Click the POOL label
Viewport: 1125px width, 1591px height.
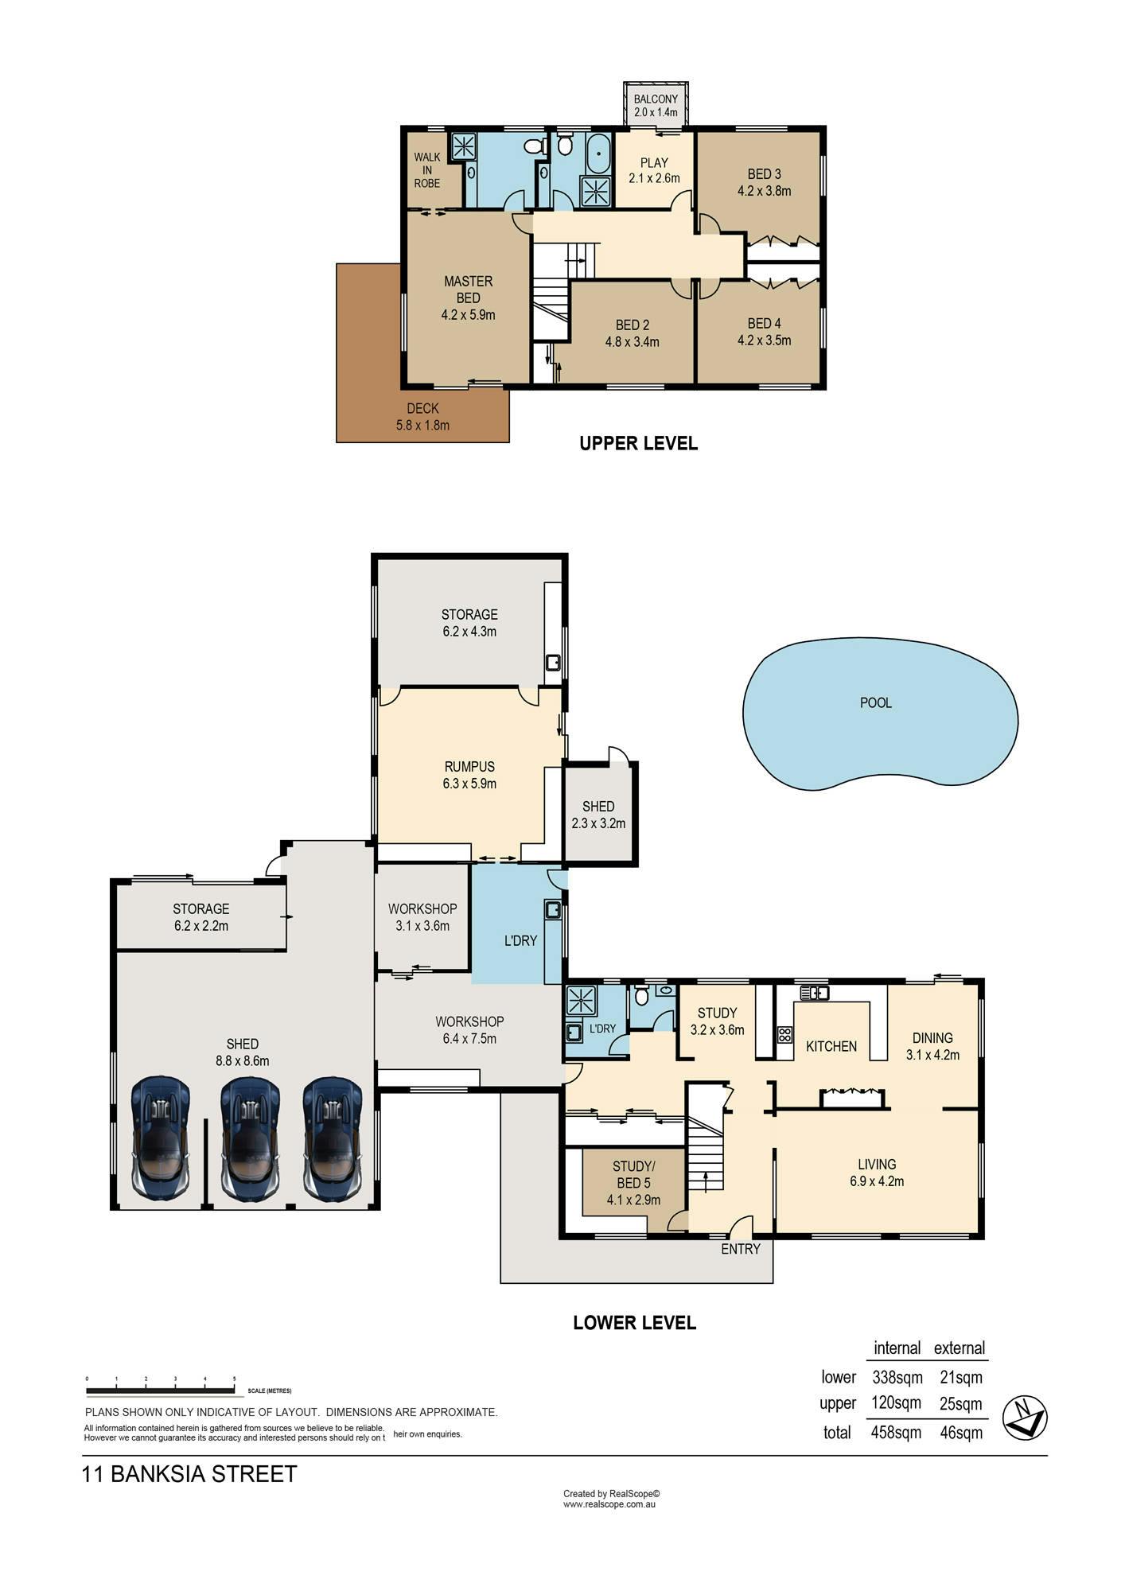pyautogui.click(x=876, y=703)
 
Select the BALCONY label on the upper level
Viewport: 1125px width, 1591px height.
pyautogui.click(x=656, y=99)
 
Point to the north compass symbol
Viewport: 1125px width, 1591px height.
pyautogui.click(x=1025, y=1418)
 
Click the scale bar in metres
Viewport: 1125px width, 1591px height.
pyautogui.click(x=160, y=1391)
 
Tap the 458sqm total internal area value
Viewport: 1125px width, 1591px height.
pyautogui.click(x=897, y=1433)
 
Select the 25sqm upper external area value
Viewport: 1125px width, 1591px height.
pyautogui.click(x=961, y=1404)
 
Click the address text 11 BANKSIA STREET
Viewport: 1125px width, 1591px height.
pyautogui.click(x=189, y=1474)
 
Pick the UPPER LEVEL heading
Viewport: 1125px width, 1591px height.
pyautogui.click(x=638, y=444)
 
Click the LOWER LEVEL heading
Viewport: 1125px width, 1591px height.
pyautogui.click(x=635, y=1323)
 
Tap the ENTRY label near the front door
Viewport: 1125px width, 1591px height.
pyautogui.click(x=741, y=1249)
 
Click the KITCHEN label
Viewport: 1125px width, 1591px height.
pyautogui.click(x=831, y=1046)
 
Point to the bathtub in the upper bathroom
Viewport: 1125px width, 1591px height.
pyautogui.click(x=598, y=153)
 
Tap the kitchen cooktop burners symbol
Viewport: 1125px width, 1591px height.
pyautogui.click(x=784, y=1035)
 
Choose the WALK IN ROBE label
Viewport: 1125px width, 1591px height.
pyautogui.click(x=427, y=170)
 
